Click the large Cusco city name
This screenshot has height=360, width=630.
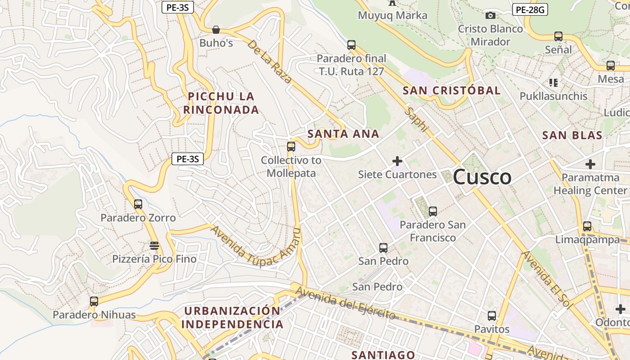click(x=482, y=177)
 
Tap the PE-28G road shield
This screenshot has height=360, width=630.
click(x=530, y=9)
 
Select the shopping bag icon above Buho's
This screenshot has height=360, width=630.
click(x=216, y=30)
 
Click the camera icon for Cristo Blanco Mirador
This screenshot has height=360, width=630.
click(x=490, y=16)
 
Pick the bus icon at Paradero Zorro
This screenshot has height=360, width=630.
click(x=138, y=204)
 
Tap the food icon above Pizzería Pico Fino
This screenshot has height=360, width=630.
click(x=154, y=246)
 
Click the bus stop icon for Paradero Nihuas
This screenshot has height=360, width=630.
click(x=94, y=301)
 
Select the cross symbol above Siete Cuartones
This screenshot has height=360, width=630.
click(x=397, y=161)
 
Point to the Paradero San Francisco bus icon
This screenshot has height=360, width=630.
click(x=433, y=211)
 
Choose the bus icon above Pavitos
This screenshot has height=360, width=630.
click(x=492, y=316)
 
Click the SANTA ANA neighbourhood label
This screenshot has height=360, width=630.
click(x=343, y=134)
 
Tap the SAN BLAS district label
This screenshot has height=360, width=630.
click(x=572, y=135)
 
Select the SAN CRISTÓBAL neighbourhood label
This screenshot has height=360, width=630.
click(x=451, y=90)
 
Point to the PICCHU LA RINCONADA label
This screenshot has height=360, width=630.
click(x=221, y=103)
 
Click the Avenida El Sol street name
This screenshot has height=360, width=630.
click(x=546, y=279)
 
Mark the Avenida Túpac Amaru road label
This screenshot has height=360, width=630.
click(x=255, y=246)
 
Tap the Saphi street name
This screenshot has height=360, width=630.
click(x=415, y=119)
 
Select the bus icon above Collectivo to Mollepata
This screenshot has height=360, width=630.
click(x=291, y=147)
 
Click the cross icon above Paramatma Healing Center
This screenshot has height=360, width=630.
click(x=590, y=164)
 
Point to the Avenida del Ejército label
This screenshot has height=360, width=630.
click(x=345, y=305)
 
